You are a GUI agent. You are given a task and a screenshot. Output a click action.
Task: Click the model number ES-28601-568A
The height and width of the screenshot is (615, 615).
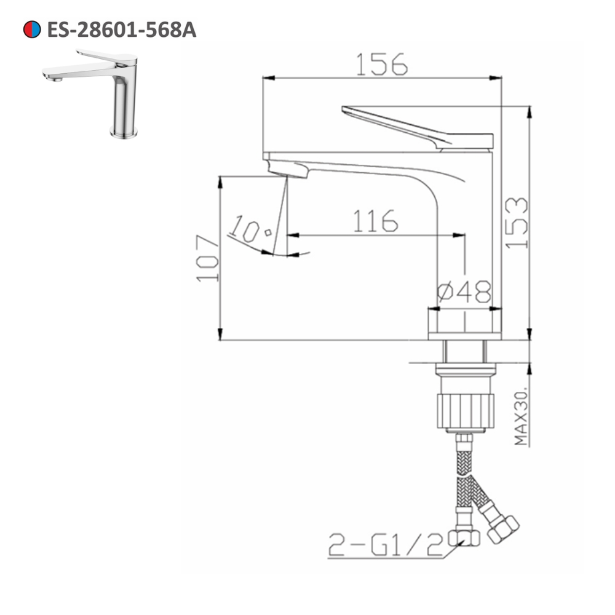pyautogui.click(x=122, y=30)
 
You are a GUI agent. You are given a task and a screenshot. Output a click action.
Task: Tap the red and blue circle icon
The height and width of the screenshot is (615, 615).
pyautogui.click(x=32, y=30)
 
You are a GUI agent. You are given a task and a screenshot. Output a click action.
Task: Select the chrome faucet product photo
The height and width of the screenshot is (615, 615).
pyautogui.click(x=92, y=92)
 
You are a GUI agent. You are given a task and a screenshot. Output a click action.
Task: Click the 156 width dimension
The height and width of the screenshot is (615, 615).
pyautogui.click(x=382, y=64)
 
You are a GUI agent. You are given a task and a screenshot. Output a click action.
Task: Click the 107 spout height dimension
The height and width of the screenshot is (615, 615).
pyautogui.click(x=208, y=258)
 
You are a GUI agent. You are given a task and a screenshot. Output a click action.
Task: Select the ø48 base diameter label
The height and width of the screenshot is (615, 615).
pyautogui.click(x=464, y=290)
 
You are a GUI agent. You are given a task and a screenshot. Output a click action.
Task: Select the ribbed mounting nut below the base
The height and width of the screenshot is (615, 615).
pyautogui.click(x=465, y=410)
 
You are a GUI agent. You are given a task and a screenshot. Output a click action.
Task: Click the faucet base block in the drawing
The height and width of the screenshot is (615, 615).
pyautogui.click(x=464, y=324)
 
